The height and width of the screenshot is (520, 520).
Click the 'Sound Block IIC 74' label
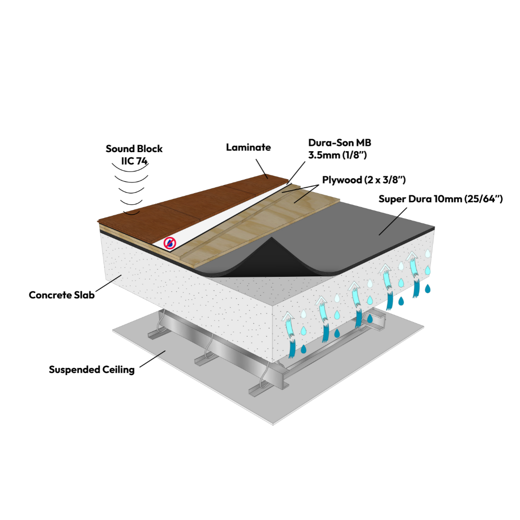coord(134,155)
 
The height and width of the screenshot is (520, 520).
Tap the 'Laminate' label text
coord(248,147)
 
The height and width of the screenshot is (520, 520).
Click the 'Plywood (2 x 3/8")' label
coord(364,180)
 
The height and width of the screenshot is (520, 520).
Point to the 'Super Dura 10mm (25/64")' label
coord(441,199)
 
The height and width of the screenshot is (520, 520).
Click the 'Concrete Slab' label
coord(62,295)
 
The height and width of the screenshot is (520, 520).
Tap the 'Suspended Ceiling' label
coord(91,370)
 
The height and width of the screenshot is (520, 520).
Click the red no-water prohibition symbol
coord(169,243)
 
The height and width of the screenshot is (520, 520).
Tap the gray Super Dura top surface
coord(366,226)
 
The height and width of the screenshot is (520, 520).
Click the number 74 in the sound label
coord(142,161)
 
